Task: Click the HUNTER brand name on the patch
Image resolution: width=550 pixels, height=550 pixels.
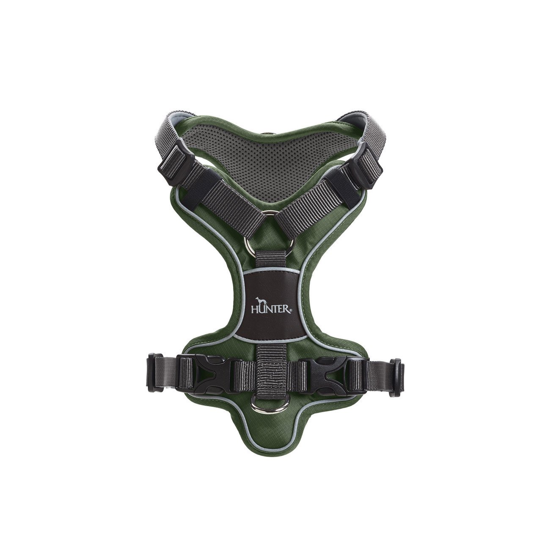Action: (x=271, y=310)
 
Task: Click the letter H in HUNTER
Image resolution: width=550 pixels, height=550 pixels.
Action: (x=254, y=310)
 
